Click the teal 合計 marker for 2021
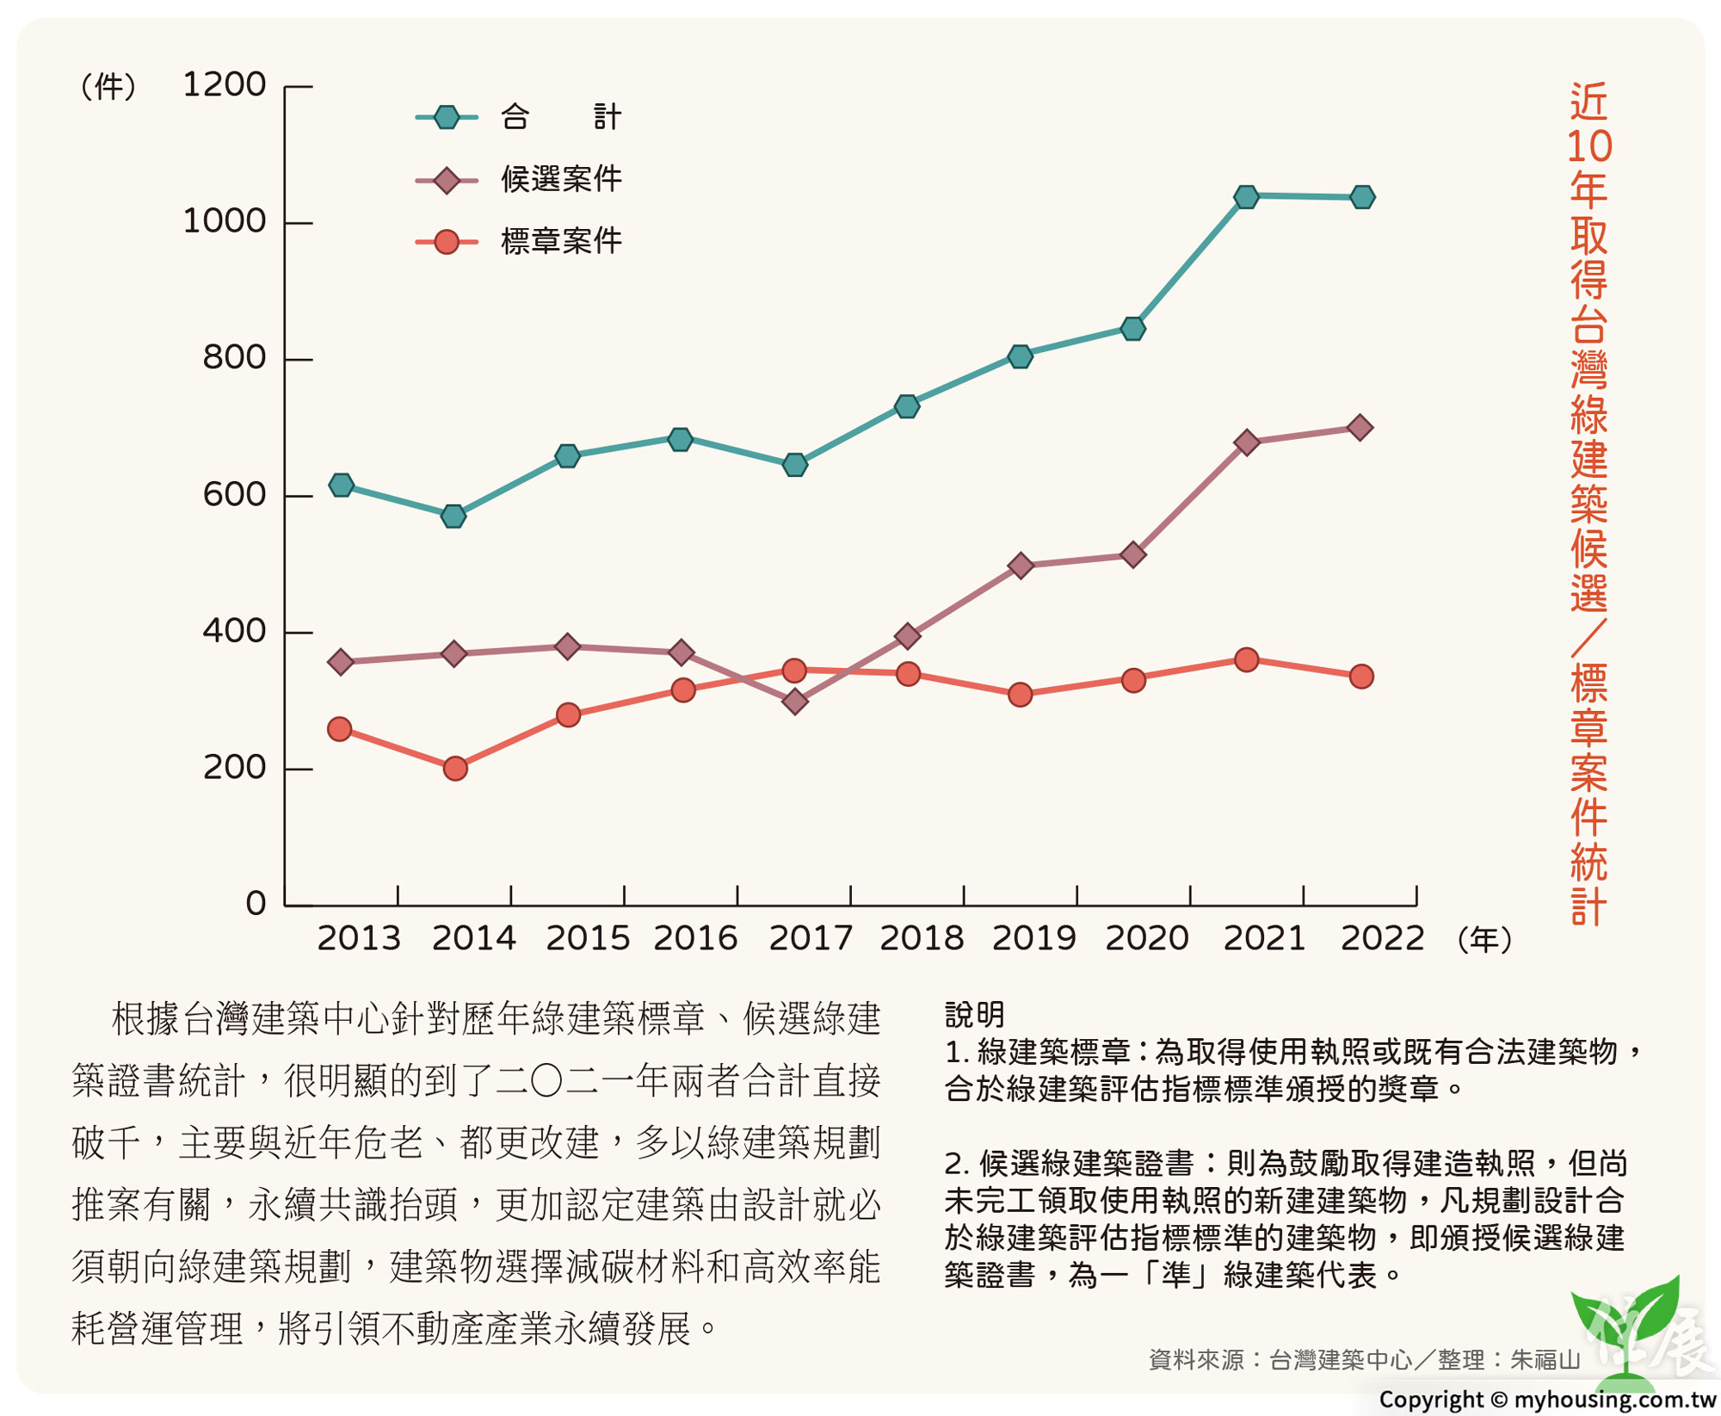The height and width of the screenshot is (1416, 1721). coord(1246,197)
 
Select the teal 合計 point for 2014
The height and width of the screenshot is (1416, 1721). coord(453,516)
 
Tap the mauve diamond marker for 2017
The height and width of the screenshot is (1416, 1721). coord(795,702)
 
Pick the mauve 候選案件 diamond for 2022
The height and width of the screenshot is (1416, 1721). coord(1360,428)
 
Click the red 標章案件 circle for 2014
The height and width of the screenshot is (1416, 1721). coord(455,768)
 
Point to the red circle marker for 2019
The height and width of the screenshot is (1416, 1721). coord(1020,695)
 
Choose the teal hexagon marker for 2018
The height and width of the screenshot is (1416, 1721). coord(907,406)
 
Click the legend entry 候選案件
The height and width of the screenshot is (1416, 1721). coord(561,179)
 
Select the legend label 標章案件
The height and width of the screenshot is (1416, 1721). coord(561,241)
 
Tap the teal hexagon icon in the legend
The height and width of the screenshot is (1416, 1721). coord(447,117)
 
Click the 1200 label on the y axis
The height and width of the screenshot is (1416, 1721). coord(224,85)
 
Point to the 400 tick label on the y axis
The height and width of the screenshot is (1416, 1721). coord(234,632)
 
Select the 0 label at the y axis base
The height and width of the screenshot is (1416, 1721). coord(256,904)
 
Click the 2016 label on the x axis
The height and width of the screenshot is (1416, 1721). coord(695,938)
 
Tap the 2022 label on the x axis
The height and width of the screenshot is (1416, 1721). coord(1382,938)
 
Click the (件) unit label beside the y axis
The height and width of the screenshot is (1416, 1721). coord(108,87)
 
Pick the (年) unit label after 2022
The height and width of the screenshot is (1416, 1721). coord(1484,939)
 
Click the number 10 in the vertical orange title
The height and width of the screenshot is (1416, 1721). coord(1588,146)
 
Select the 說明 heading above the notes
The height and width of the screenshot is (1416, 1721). coord(974,1014)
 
